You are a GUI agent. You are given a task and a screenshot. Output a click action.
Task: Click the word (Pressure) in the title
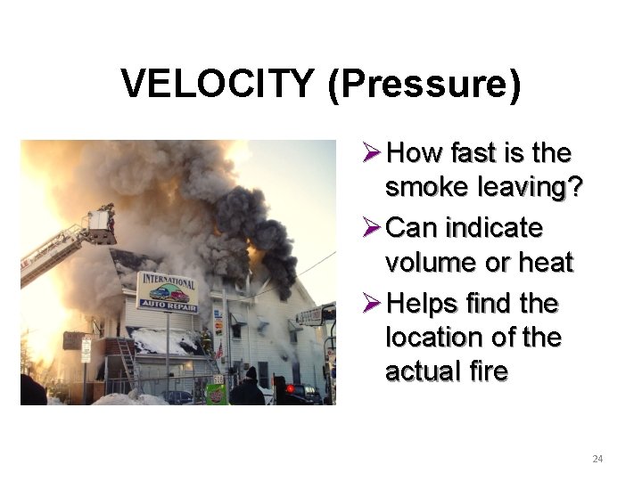tap(424, 86)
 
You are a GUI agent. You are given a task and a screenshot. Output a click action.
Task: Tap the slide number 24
tap(597, 459)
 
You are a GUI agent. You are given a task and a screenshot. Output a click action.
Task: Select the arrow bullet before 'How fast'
tap(374, 154)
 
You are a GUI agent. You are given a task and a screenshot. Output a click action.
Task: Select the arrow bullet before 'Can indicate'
tap(374, 229)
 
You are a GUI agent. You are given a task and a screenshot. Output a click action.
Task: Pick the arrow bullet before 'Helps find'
tap(374, 305)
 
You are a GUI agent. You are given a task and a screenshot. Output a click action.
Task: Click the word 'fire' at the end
tap(489, 371)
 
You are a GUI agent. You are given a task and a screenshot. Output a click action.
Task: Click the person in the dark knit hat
tap(247, 388)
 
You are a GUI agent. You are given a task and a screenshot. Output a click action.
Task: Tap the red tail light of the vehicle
tap(291, 390)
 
